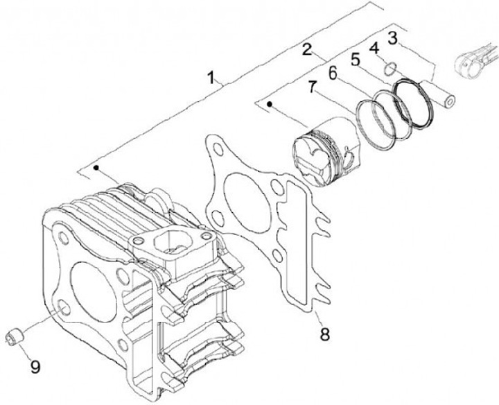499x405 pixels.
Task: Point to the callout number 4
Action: click(374, 48)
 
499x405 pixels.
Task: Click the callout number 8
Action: click(324, 335)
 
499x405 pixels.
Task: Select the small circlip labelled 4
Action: click(391, 68)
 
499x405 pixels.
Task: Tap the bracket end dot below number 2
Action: click(270, 105)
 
